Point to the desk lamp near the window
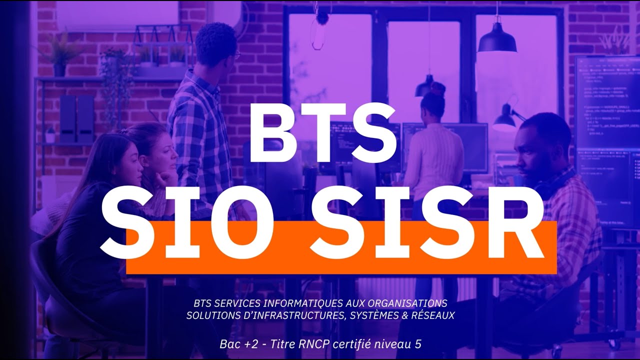[506, 119]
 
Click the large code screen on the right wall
[607, 140]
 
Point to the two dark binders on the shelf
[76, 118]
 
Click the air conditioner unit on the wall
[117, 15]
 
